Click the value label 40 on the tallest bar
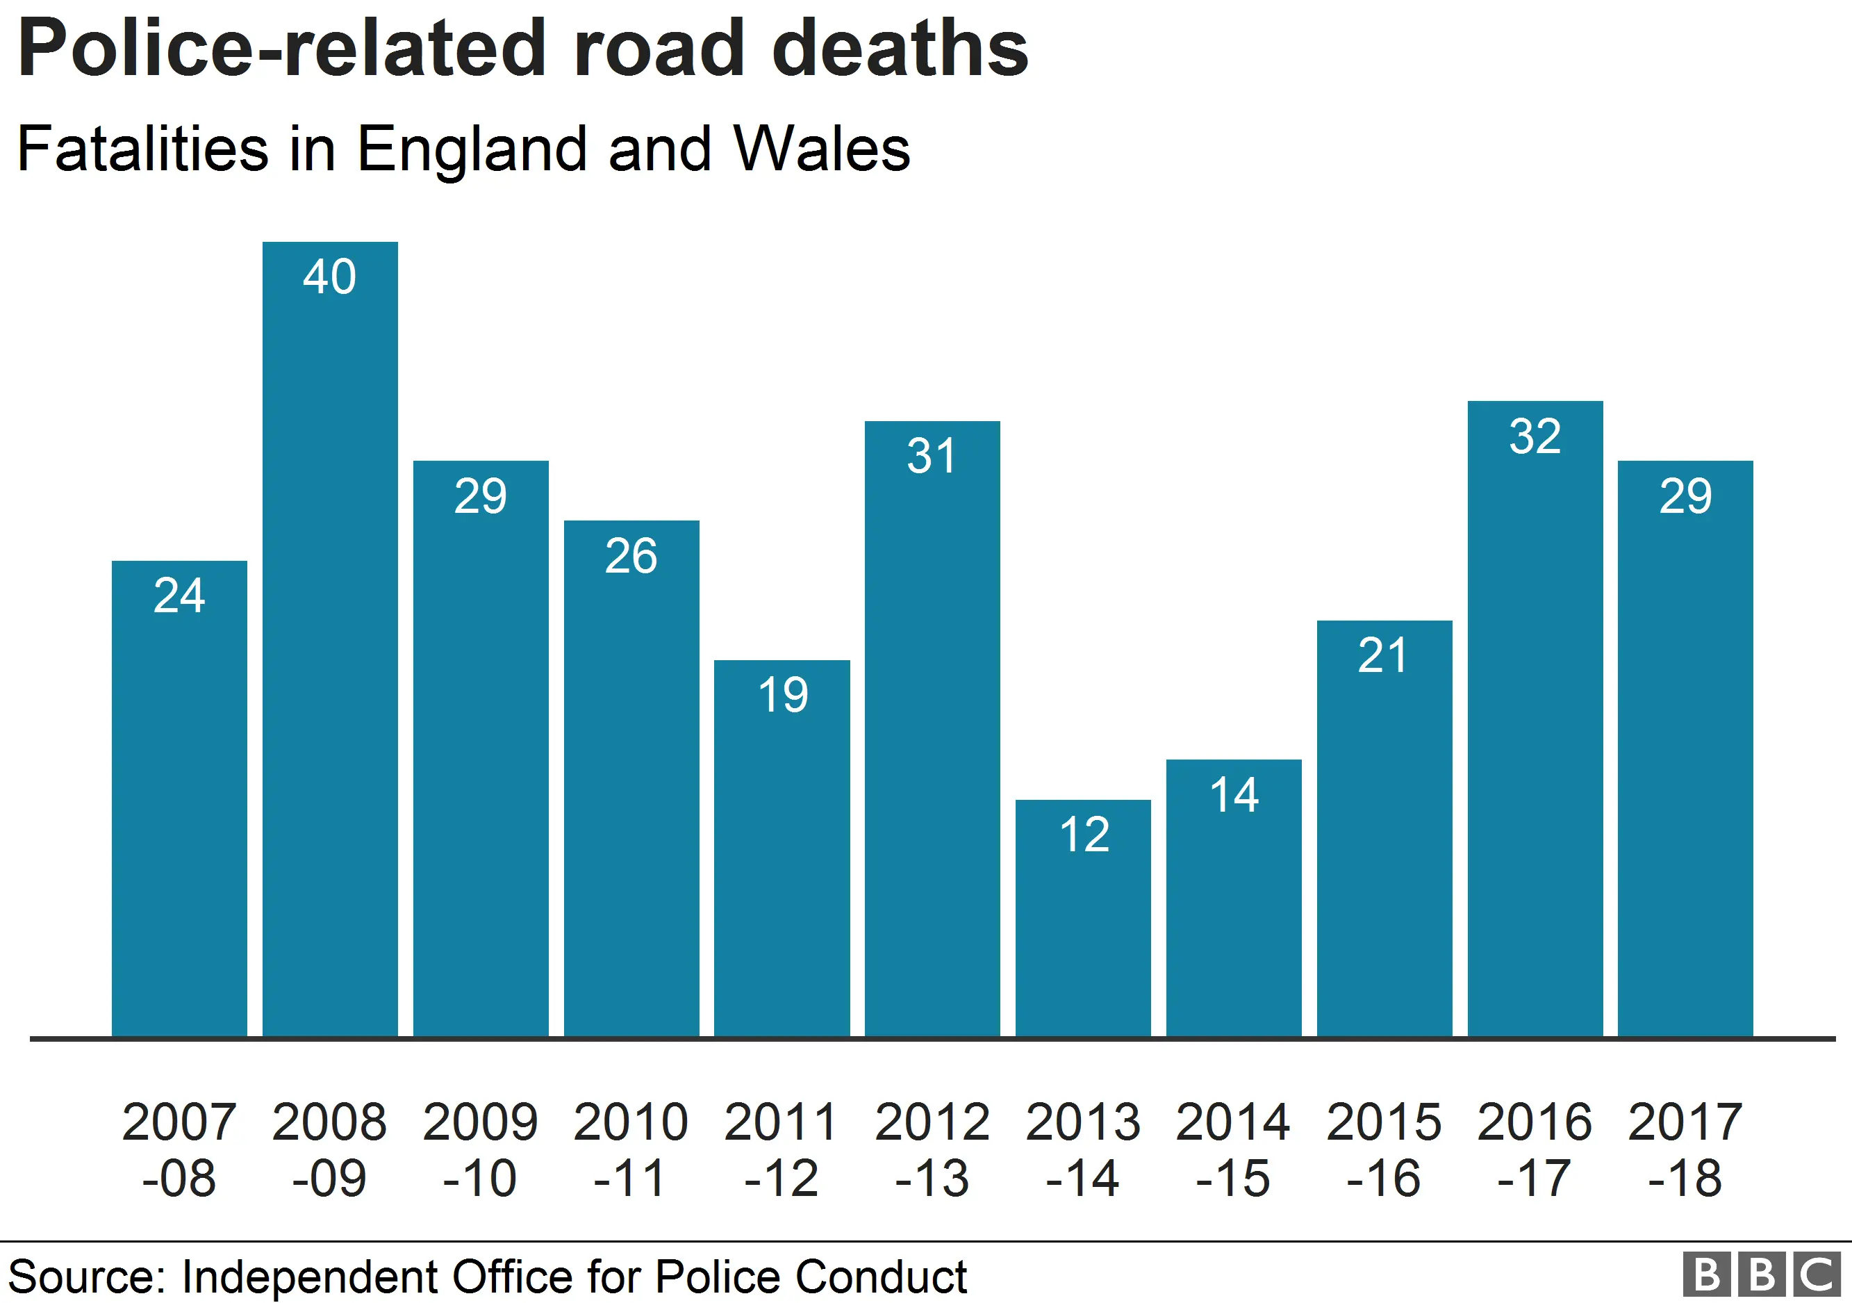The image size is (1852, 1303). coord(329,277)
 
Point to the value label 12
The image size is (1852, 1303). coord(1084,834)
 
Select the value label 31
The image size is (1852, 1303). coord(932,456)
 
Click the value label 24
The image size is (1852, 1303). coord(179,596)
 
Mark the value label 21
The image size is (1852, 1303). coord(1382,655)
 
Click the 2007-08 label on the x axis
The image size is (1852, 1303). coord(179,1149)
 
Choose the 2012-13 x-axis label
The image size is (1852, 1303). coord(932,1149)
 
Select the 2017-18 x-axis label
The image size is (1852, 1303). coord(1685,1149)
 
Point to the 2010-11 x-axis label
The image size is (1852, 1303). coord(631,1149)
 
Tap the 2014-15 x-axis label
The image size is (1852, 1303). coord(1233,1149)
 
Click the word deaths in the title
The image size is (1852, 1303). coord(900,49)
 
